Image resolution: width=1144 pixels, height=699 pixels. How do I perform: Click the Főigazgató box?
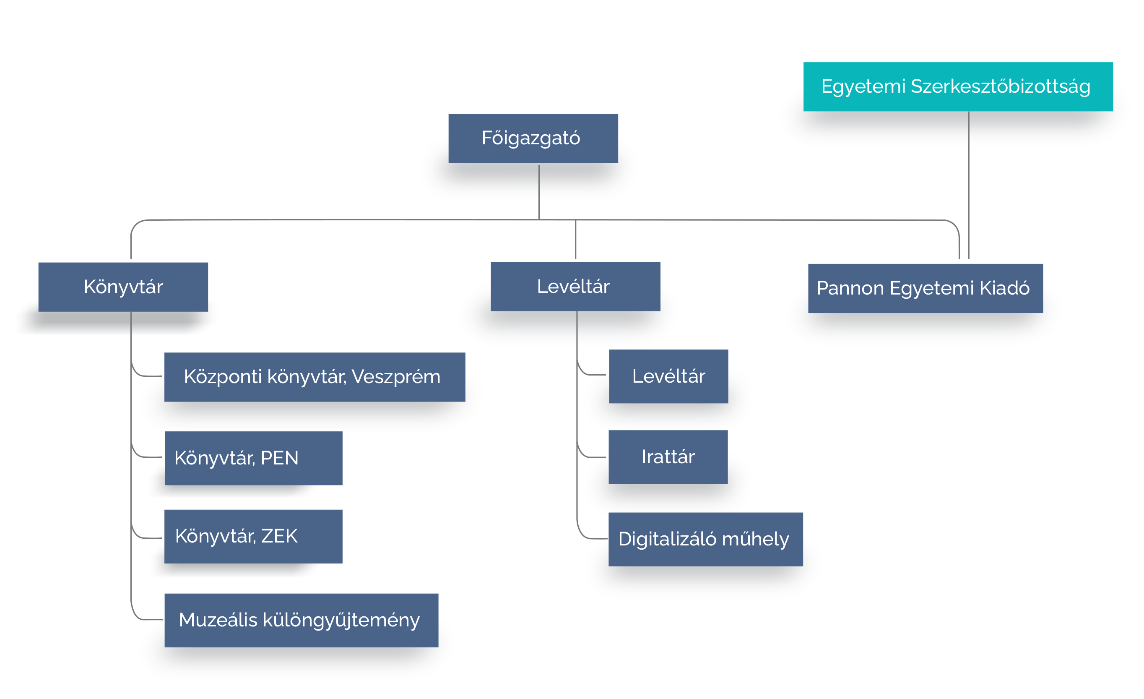point(533,138)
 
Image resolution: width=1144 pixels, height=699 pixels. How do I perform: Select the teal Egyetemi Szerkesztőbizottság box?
point(958,87)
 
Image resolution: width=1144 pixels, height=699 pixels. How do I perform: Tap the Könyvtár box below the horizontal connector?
point(123,287)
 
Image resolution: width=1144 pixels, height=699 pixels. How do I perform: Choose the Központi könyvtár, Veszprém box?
point(315,377)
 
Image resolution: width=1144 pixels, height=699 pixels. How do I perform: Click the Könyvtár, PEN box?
point(253,459)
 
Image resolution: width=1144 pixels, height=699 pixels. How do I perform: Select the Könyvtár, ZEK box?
point(253,537)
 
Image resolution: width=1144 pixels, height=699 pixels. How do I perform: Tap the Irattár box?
point(668,457)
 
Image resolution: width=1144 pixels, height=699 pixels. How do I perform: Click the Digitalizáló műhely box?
point(706,539)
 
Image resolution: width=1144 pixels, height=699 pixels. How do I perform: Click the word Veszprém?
point(396,377)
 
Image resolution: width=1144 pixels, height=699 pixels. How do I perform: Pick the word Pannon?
point(850,288)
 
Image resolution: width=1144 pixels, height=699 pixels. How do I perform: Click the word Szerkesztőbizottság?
point(1001,87)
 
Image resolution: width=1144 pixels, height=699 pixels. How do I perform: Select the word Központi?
point(223,377)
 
